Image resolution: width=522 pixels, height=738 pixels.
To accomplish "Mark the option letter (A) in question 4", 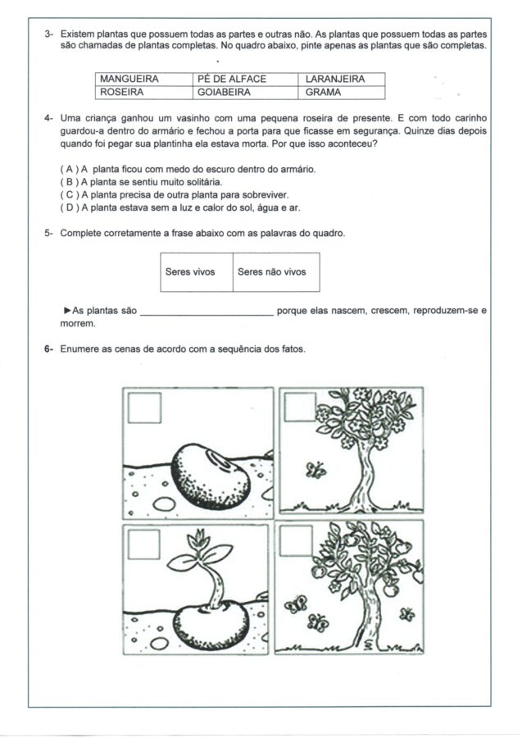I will coord(68,169).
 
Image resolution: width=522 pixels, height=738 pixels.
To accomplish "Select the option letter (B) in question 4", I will coord(68,182).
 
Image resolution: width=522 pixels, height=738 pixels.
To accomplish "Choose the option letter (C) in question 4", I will coord(68,195).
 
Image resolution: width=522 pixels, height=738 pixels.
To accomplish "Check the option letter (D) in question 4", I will coord(68,208).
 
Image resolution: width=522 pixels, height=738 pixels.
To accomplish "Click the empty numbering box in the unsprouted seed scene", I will coord(144,408).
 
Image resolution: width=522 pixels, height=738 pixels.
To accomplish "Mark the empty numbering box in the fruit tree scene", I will coord(296,542).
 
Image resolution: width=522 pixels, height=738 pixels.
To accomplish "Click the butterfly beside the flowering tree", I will coord(315,470).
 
